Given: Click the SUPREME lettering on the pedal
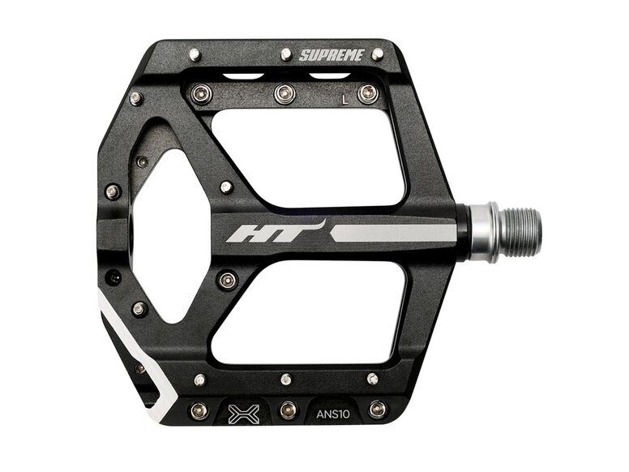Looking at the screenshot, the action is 332,55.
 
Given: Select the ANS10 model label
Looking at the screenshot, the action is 333,414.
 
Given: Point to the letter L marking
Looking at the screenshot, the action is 344,99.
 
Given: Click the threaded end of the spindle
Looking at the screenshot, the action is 520,232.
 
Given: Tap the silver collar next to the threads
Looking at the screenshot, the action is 484,232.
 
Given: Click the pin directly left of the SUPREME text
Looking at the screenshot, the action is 286,54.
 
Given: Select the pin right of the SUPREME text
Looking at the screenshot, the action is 378,54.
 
